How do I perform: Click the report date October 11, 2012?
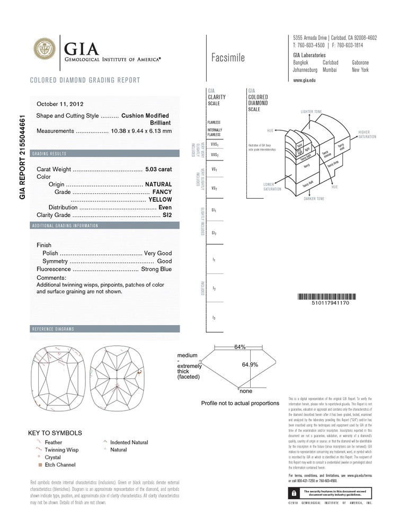(60, 104)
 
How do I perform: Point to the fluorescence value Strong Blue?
(156, 269)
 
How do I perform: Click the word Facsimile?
(228, 58)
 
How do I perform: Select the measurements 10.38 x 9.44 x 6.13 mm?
(141, 131)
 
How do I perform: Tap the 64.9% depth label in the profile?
(250, 364)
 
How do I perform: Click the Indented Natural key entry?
(129, 442)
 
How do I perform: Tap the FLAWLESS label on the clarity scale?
(214, 122)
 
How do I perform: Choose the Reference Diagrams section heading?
(53, 329)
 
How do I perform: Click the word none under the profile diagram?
(246, 391)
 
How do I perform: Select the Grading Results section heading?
(49, 154)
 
